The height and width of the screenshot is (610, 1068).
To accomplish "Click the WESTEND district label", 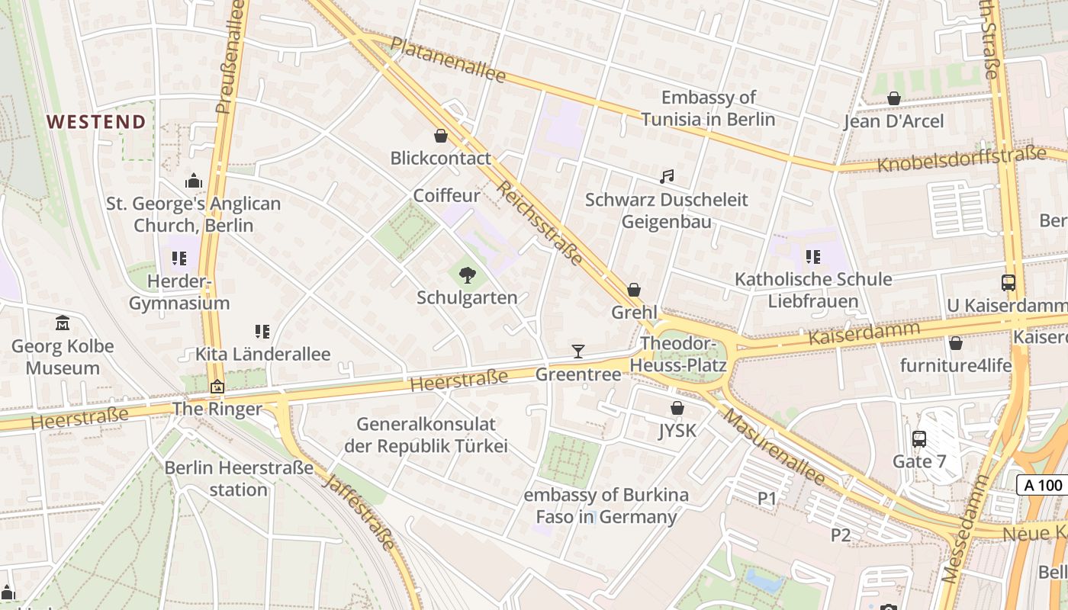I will tap(96, 122).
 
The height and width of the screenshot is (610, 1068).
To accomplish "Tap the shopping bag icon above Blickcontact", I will tap(440, 136).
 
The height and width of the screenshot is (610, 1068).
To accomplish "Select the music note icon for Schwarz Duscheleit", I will tap(667, 177).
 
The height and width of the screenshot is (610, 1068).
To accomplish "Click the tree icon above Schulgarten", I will tap(467, 274).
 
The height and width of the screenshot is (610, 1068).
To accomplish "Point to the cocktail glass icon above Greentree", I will tap(578, 352).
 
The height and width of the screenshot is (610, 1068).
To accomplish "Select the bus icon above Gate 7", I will tap(919, 439).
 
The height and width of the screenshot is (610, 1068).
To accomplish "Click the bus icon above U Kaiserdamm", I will tap(1008, 283).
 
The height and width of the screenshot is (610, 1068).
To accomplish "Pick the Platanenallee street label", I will tap(448, 59).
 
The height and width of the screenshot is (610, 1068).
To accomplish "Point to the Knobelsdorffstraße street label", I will tap(961, 160).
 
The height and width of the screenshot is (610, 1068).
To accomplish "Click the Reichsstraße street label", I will tap(539, 223).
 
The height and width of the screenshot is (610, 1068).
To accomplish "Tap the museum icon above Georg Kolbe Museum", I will tap(63, 323).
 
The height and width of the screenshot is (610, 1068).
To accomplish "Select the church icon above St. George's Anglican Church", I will tap(193, 181).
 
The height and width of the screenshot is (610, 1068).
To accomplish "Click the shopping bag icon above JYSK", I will tap(677, 409).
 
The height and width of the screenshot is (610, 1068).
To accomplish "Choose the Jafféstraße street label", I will tap(359, 512).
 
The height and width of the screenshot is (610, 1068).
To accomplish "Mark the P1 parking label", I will tap(767, 499).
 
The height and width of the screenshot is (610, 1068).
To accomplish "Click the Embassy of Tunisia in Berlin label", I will tap(708, 108).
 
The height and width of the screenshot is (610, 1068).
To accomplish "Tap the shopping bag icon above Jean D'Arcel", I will tap(893, 98).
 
